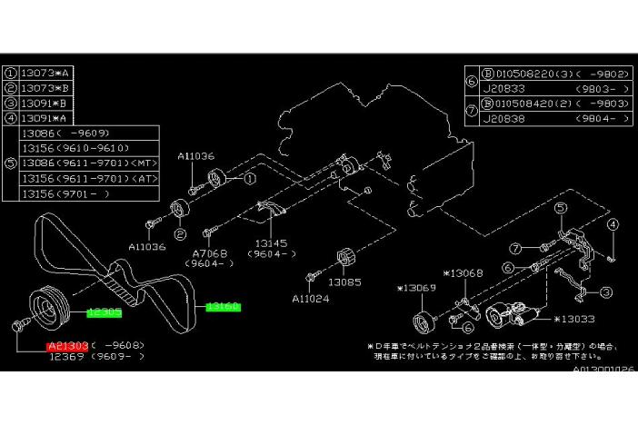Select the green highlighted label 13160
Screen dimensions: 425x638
(223, 307)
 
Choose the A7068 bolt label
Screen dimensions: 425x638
(209, 253)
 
